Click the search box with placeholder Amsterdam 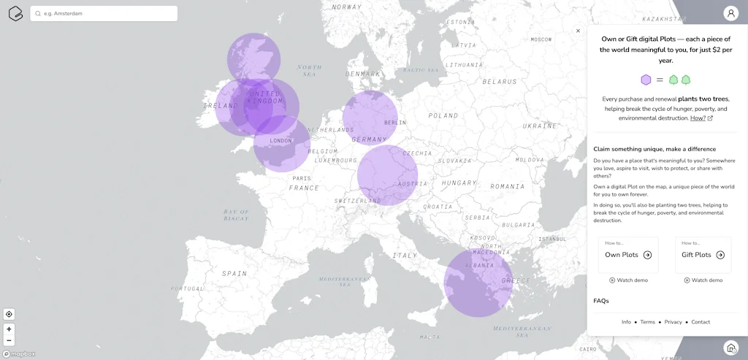(104, 13)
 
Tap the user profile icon (730, 13)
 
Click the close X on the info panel (578, 31)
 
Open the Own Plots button (628, 255)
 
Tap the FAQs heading (601, 301)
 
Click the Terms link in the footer (648, 322)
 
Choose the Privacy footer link (673, 322)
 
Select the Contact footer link (701, 322)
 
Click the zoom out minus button (9, 340)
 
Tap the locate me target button (9, 314)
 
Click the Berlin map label (394, 123)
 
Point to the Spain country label (234, 273)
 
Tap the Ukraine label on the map (539, 126)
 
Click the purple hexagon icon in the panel (646, 80)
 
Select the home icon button (730, 348)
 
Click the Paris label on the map (302, 178)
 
